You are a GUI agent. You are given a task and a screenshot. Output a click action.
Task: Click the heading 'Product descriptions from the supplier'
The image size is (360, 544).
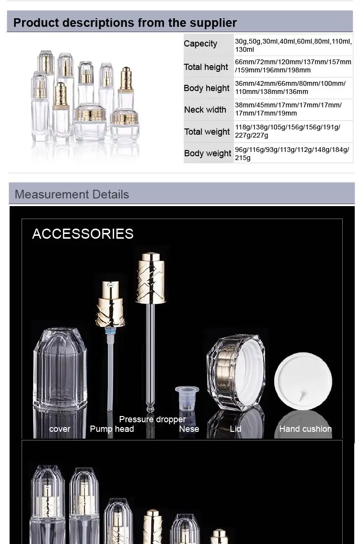125,23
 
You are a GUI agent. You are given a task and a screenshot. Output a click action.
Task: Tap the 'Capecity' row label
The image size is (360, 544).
200,44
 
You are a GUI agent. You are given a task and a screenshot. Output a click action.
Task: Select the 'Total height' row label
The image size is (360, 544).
206,67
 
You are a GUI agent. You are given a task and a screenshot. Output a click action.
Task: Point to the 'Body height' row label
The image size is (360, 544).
207,88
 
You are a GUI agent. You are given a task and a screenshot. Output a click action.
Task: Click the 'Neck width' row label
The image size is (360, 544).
205,110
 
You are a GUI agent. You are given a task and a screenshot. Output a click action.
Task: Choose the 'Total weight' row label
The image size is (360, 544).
207,132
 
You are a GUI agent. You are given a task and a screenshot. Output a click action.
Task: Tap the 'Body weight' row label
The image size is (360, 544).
208,153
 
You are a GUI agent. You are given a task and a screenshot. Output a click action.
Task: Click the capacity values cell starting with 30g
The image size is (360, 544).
292,45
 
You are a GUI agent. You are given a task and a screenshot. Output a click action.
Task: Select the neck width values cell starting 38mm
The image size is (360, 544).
288,109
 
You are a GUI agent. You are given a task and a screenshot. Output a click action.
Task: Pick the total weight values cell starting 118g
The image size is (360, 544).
288,131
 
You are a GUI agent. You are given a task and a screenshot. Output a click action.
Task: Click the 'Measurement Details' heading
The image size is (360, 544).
72,195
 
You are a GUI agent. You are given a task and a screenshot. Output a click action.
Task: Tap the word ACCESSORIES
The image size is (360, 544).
83,234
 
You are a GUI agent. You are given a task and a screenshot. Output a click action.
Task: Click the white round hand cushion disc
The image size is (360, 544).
303,381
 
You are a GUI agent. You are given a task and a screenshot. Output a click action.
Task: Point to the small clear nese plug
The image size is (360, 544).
187,397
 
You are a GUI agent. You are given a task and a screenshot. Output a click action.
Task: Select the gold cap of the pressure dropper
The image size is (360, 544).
151,278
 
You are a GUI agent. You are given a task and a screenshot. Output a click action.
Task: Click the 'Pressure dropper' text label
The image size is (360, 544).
152,419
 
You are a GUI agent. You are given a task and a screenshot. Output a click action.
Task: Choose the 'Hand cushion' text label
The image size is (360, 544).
305,429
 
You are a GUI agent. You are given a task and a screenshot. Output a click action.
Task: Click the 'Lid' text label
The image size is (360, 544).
235,429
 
